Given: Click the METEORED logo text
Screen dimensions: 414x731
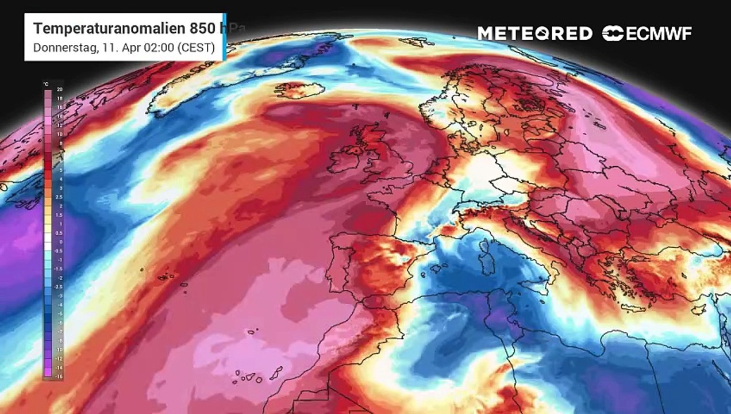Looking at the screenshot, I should (534, 33).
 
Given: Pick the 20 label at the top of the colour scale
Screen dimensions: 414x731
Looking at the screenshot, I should (59, 90).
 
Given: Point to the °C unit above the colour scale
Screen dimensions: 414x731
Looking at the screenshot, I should (46, 84).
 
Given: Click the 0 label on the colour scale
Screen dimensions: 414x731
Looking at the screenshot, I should (60, 242).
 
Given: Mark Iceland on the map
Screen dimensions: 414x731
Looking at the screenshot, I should (297, 90).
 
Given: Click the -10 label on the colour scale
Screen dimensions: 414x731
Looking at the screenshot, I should (59, 349).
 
